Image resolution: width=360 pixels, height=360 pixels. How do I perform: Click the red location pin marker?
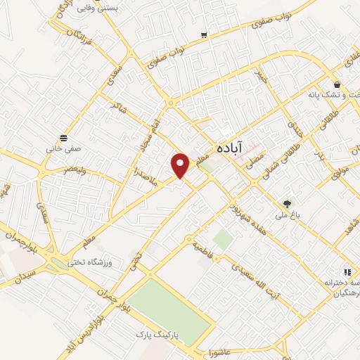coord(181,165)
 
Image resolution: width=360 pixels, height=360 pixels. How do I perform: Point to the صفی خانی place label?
coord(65,150)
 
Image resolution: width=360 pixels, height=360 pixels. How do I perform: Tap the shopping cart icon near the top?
coord(204,34)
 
